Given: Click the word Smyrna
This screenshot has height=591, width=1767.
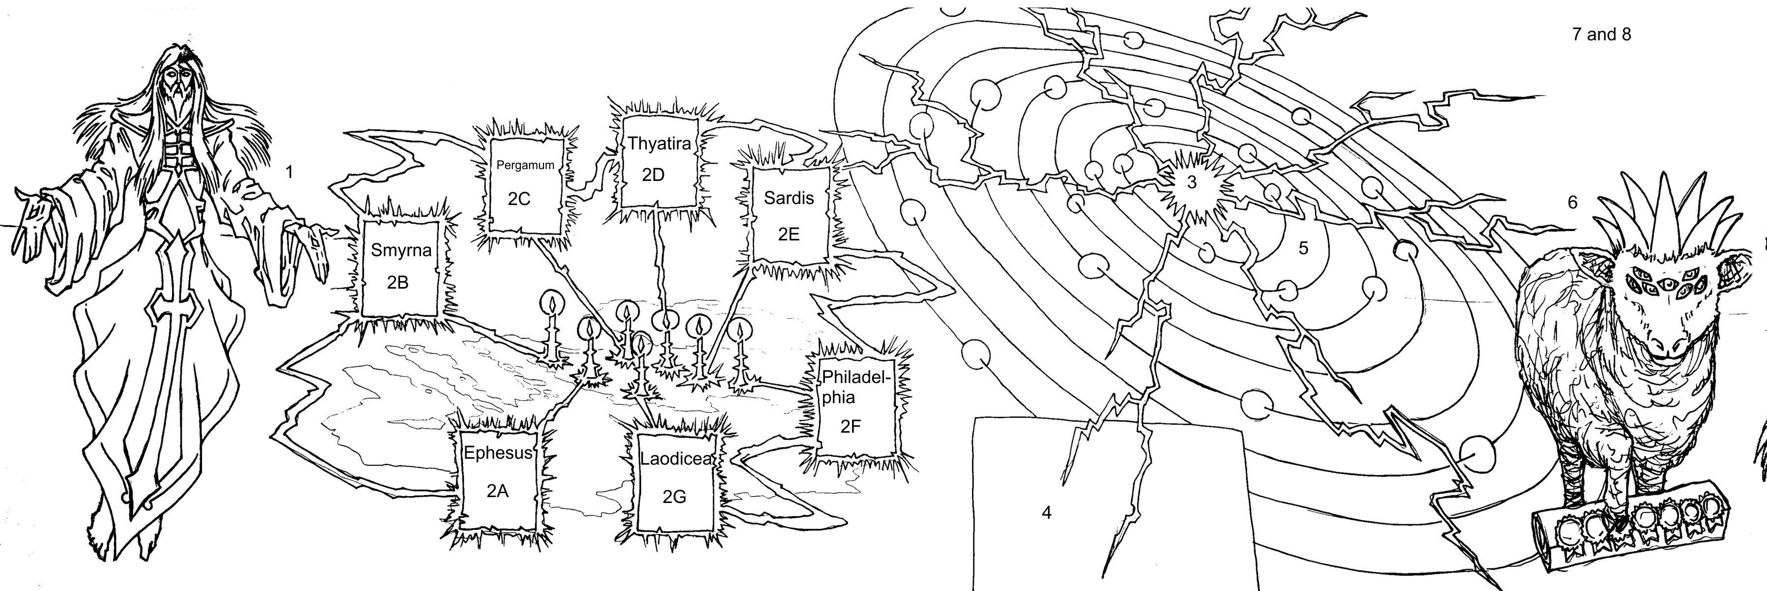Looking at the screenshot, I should [x=401, y=250].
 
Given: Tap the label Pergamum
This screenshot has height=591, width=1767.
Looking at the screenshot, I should [x=525, y=165].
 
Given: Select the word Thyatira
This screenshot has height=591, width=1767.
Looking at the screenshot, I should [x=659, y=144].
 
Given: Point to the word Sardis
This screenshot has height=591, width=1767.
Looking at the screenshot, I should [x=789, y=198].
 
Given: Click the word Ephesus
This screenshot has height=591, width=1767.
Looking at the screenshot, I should [x=498, y=453].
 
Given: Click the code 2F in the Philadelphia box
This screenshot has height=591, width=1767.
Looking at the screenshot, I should [x=850, y=426].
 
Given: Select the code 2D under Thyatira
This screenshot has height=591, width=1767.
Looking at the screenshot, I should [x=653, y=175].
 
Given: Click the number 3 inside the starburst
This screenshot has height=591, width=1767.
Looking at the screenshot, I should [x=1192, y=182].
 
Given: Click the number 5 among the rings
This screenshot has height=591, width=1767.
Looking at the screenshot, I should [x=1303, y=248].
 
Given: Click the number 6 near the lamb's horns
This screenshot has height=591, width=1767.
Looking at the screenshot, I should [x=1572, y=203].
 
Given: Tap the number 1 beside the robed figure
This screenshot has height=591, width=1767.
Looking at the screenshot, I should [x=289, y=172].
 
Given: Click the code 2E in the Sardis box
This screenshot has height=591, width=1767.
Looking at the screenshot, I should [x=789, y=234].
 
